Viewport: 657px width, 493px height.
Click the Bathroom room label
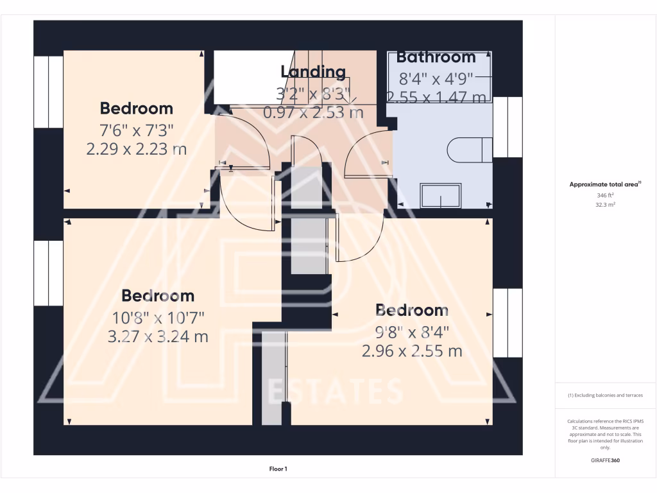pyautogui.click(x=436, y=57)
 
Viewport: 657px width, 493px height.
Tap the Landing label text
pyautogui.click(x=313, y=72)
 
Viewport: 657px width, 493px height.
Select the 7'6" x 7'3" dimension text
pyautogui.click(x=136, y=130)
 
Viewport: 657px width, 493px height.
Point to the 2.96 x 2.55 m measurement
pyautogui.click(x=412, y=351)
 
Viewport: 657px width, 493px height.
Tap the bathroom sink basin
pyautogui.click(x=440, y=195)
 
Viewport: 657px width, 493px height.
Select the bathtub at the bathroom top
pyautogui.click(x=440, y=77)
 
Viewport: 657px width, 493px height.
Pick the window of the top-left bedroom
pyautogui.click(x=48, y=92)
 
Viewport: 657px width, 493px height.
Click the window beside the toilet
pyautogui.click(x=508, y=127)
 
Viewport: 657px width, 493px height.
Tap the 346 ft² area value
pyautogui.click(x=605, y=195)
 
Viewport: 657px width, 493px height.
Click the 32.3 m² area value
pyautogui.click(x=605, y=205)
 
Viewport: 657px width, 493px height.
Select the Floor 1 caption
pyautogui.click(x=278, y=469)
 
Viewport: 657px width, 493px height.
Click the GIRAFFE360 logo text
pyautogui.click(x=605, y=460)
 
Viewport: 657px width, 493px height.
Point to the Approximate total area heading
pyautogui.click(x=604, y=184)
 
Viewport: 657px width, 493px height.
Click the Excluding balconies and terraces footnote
pyautogui.click(x=605, y=395)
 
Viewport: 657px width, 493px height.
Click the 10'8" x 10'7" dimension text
pyautogui.click(x=158, y=316)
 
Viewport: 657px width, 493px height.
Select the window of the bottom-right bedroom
pyautogui.click(x=508, y=322)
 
